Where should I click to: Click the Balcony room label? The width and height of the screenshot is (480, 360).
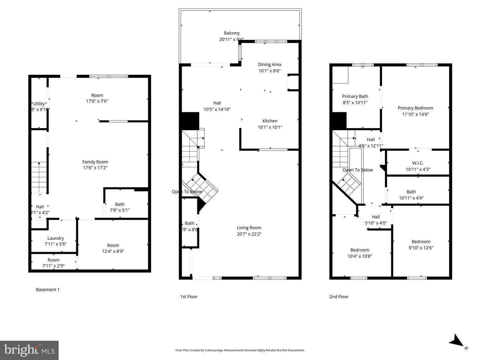(x=231, y=33)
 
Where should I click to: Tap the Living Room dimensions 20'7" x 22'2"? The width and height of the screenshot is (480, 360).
(x=249, y=234)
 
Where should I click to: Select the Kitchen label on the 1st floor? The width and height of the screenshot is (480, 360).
(x=270, y=121)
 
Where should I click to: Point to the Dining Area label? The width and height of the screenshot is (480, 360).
(x=269, y=65)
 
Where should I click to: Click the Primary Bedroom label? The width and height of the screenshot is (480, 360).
(x=415, y=108)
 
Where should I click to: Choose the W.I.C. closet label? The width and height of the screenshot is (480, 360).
(x=418, y=163)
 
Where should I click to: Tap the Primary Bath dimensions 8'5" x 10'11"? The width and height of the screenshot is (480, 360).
(x=355, y=103)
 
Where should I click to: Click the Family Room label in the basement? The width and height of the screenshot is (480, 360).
(x=95, y=162)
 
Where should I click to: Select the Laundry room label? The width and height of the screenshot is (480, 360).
(x=55, y=238)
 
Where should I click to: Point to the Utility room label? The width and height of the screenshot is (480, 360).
(x=39, y=104)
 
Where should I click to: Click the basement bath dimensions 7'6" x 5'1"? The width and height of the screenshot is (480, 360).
(x=120, y=210)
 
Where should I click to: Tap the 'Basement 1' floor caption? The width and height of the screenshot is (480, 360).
(x=48, y=290)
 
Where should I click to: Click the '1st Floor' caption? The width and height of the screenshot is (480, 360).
(x=189, y=297)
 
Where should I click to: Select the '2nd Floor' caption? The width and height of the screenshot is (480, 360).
(x=339, y=297)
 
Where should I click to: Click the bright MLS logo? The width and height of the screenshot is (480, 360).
(x=29, y=350)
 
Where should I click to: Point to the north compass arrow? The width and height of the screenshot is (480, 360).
(x=456, y=341)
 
